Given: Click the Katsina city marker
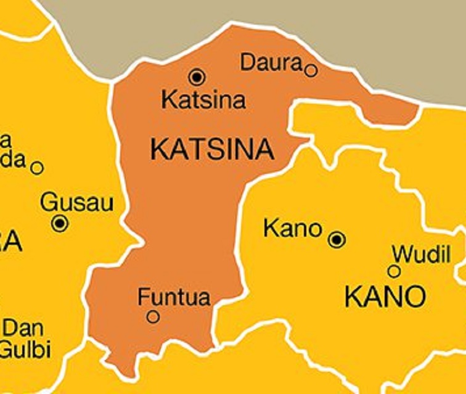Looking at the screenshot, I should point(197,77).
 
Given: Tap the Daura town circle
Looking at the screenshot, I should point(311,70).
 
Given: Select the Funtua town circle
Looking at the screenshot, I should point(153,317).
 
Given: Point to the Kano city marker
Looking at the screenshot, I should point(337,240).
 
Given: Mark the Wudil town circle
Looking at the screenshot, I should point(394,271).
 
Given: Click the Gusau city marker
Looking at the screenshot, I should point(60,224).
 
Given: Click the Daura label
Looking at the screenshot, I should point(271,62).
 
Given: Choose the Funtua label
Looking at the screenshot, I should point(174,297).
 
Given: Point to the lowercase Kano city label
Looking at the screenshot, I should point(293,229).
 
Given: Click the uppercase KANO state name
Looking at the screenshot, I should point(385,298).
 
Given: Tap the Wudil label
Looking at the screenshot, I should point(422,253).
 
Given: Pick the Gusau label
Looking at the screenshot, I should point(76,202).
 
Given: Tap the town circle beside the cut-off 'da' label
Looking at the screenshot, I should point(37,168).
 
